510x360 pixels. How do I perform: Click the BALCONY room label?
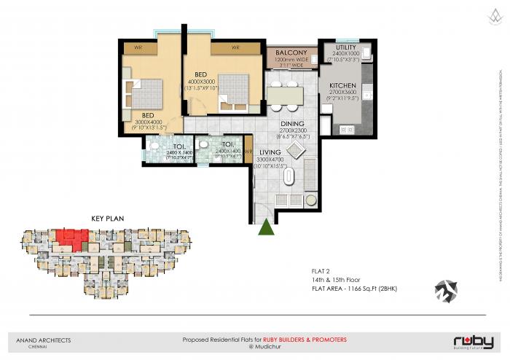pyautogui.click(x=291, y=53)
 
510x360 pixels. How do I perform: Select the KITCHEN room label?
pyautogui.click(x=342, y=85)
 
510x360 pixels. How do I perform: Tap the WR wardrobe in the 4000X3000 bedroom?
pyautogui.click(x=235, y=47)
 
